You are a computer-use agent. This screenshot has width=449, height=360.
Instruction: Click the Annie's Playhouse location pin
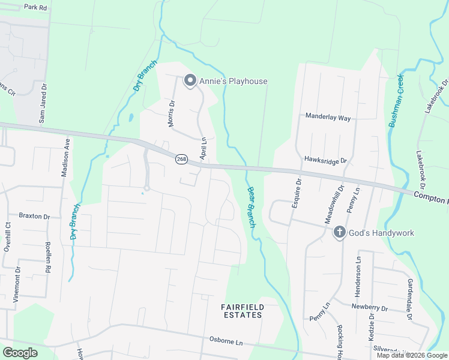190,80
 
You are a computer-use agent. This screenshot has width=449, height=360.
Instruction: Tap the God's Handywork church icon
339,232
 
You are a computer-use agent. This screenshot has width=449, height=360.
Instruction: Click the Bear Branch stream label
252,207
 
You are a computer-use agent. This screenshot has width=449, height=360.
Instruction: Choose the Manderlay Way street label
328,118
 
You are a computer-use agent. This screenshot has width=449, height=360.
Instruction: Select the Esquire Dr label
295,193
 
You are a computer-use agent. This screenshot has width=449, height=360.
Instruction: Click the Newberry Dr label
370,308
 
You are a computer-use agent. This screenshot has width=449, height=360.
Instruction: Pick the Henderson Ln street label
360,271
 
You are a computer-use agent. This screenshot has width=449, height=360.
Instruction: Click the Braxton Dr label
34,215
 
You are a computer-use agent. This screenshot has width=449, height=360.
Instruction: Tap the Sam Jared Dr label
42,107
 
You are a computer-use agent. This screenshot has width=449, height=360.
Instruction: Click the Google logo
20,353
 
